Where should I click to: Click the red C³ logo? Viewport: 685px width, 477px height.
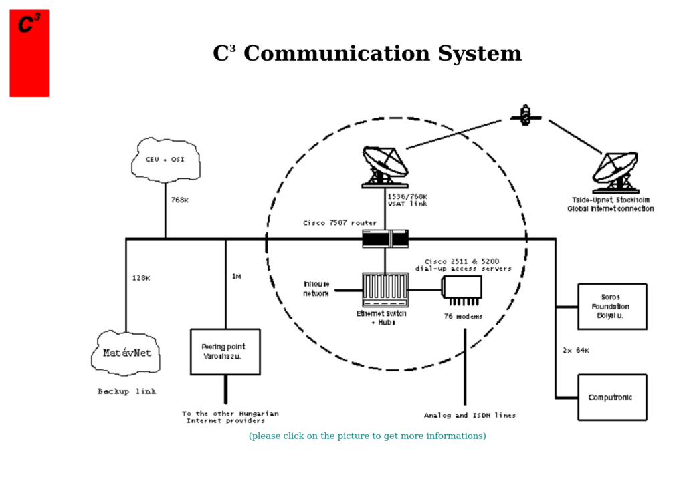[x=29, y=53]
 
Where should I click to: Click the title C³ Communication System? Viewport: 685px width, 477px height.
[x=367, y=54]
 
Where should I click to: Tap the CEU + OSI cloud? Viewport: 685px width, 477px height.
[x=165, y=160]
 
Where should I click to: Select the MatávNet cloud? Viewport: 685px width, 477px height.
[x=126, y=353]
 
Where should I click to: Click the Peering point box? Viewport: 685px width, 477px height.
[x=225, y=351]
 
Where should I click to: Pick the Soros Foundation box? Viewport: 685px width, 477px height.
[x=611, y=307]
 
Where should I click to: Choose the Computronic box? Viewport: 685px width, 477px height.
[x=611, y=397]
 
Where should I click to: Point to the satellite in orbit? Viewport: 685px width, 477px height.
[x=526, y=116]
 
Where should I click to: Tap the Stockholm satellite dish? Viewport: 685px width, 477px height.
[x=615, y=172]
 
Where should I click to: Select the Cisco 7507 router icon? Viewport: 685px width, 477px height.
[x=385, y=238]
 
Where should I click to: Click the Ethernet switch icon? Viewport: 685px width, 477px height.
[x=385, y=289]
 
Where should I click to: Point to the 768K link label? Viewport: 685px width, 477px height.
[x=179, y=200]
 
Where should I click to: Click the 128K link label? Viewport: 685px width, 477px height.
[x=141, y=278]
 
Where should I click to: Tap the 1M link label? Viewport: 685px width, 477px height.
[x=236, y=276]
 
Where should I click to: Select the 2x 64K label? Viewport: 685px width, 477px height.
[x=575, y=350]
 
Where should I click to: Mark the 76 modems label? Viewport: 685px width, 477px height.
[x=463, y=316]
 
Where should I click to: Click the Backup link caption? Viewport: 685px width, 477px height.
[x=126, y=391]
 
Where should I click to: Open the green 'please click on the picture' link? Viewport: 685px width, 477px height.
[x=367, y=436]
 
